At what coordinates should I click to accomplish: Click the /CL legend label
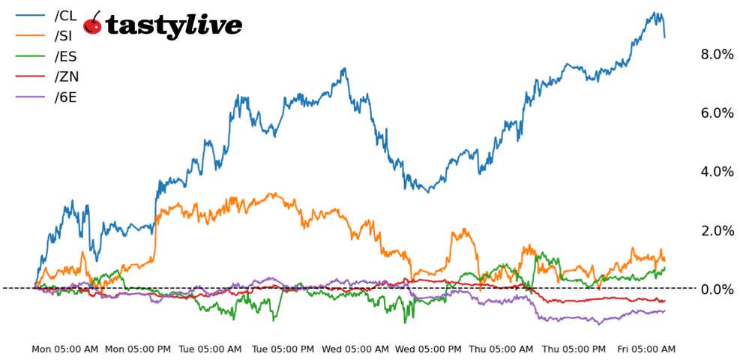coord(66,16)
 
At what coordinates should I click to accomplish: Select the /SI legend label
coord(64,36)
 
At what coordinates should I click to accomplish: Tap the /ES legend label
coord(65,56)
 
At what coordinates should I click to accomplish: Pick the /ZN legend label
coord(66,76)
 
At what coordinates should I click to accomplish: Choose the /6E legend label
coord(66,97)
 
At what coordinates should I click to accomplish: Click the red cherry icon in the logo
coord(93,24)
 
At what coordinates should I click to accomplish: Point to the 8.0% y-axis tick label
coord(716,55)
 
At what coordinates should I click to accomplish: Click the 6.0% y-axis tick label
coord(716,113)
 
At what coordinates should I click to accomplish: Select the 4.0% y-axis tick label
coord(716,172)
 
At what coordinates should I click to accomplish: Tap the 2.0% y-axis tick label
coord(716,231)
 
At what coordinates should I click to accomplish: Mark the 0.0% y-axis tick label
coord(716,289)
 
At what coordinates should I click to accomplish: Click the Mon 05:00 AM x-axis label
coord(64,349)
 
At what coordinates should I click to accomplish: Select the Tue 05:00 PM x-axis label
coord(283,349)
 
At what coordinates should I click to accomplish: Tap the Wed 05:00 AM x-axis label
coord(355,349)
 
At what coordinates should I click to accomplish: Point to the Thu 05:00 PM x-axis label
coord(574,349)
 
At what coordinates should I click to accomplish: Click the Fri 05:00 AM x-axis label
coord(646,349)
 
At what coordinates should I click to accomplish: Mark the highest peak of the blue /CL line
coord(655,13)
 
